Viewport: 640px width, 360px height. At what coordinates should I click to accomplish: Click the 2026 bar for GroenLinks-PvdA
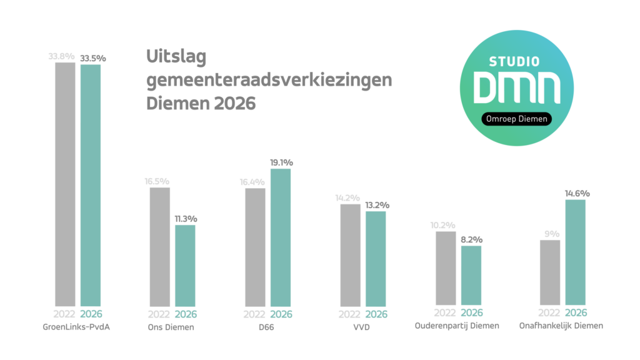pyautogui.click(x=91, y=185)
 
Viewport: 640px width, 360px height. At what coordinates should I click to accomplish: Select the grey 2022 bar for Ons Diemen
pyautogui.click(x=159, y=247)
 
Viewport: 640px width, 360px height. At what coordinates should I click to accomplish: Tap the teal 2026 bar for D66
pyautogui.click(x=281, y=237)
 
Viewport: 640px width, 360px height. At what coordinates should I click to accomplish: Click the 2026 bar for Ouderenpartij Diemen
pyautogui.click(x=471, y=276)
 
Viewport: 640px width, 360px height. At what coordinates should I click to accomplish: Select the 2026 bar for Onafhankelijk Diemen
pyautogui.click(x=575, y=253)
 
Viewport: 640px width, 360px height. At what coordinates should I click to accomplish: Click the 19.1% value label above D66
pyautogui.click(x=281, y=162)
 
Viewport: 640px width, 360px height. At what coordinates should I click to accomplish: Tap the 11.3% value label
pyautogui.click(x=185, y=219)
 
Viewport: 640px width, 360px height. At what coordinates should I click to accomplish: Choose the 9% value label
pyautogui.click(x=550, y=234)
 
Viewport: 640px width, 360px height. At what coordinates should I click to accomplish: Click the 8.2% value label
pyautogui.click(x=471, y=239)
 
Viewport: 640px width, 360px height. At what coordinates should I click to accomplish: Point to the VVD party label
pyautogui.click(x=361, y=326)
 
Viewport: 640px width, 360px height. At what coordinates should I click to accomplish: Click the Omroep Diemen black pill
pyautogui.click(x=516, y=119)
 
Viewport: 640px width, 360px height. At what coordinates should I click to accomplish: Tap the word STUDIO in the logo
pyautogui.click(x=515, y=62)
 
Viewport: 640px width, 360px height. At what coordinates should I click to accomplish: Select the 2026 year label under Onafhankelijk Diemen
pyautogui.click(x=576, y=314)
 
